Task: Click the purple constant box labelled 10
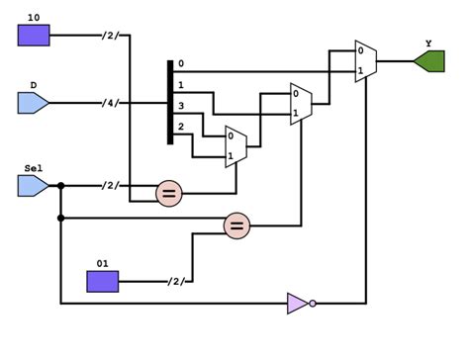[34, 37]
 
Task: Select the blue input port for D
[34, 102]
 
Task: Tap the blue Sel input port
[34, 185]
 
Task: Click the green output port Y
[429, 61]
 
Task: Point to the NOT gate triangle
[296, 303]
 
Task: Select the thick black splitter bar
[170, 102]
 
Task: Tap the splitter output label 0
[180, 64]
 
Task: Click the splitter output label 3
[180, 105]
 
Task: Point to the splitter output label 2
[180, 127]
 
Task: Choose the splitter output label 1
[180, 86]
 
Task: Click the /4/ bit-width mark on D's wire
[109, 102]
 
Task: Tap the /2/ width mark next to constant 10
[109, 37]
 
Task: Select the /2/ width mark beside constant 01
[176, 283]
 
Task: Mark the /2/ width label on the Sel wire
[109, 185]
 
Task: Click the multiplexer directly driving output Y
[364, 61]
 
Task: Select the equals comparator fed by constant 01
[235, 226]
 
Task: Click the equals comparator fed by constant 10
[169, 194]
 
